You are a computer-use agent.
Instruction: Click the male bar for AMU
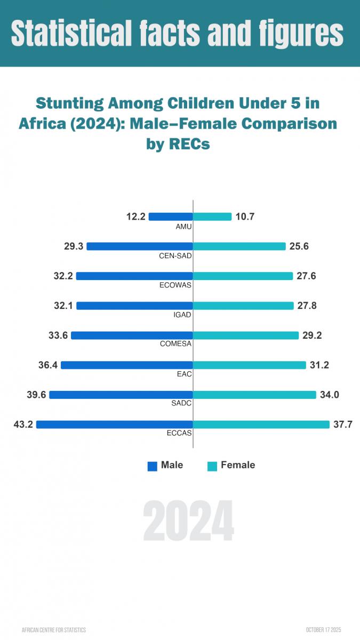point(171,217)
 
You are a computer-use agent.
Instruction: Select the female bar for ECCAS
point(261,425)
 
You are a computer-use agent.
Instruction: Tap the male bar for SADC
point(121,395)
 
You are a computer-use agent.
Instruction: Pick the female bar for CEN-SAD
point(239,246)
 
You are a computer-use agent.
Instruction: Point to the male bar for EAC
point(127,365)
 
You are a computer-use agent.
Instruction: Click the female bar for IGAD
point(243,306)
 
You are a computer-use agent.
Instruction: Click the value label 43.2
point(23,425)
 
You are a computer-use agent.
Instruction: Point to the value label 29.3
point(74,246)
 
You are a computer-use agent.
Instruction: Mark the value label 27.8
point(308,306)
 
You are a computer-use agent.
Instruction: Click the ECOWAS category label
point(175,285)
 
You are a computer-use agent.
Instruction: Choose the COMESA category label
point(176,344)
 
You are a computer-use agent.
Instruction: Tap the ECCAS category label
point(179,433)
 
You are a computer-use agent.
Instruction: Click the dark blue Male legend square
point(153,466)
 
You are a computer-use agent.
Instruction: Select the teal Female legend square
point(212,466)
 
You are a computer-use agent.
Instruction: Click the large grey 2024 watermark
point(189,521)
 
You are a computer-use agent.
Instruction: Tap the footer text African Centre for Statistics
point(54,630)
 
